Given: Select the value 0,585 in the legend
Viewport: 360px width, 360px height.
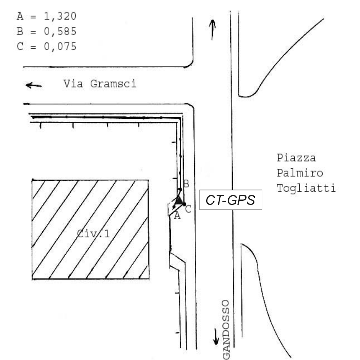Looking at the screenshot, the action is click(x=60, y=32).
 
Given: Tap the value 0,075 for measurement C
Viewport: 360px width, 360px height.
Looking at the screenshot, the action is click(x=60, y=47).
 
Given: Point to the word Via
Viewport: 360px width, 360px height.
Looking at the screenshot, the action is click(x=72, y=84).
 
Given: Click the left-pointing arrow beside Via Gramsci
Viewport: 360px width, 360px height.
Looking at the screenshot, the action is click(x=34, y=85).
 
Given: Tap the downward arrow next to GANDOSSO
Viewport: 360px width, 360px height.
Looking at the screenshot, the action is click(x=216, y=336).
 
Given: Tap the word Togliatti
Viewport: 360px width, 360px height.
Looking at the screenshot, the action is click(x=306, y=188).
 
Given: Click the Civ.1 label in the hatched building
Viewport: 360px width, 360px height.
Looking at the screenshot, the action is click(x=94, y=234).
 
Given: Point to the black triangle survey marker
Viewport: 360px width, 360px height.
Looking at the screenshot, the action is click(x=179, y=201).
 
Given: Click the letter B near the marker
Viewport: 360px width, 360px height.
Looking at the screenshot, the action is click(x=186, y=183).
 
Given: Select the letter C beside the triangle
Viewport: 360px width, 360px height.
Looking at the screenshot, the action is click(x=188, y=209).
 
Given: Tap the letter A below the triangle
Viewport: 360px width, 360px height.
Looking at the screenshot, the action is click(x=176, y=215).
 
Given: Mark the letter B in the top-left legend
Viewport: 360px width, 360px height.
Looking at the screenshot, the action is click(x=20, y=32).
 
